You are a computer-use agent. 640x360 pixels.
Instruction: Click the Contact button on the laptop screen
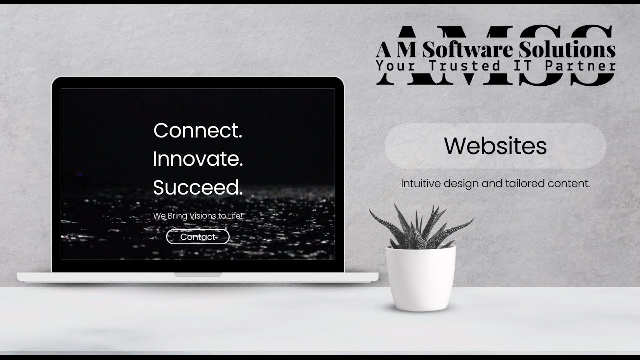click(x=198, y=237)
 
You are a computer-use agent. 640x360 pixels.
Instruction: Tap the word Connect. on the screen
click(x=198, y=131)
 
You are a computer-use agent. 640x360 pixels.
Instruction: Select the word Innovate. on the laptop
click(x=198, y=159)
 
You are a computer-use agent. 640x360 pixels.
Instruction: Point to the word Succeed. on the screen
click(x=198, y=188)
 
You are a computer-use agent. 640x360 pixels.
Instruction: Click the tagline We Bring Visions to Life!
click(x=198, y=216)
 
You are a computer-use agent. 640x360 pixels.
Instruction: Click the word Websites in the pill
click(x=495, y=146)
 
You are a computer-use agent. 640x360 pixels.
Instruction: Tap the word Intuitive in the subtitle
click(x=420, y=184)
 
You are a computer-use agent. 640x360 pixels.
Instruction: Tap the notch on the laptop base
click(x=198, y=275)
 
